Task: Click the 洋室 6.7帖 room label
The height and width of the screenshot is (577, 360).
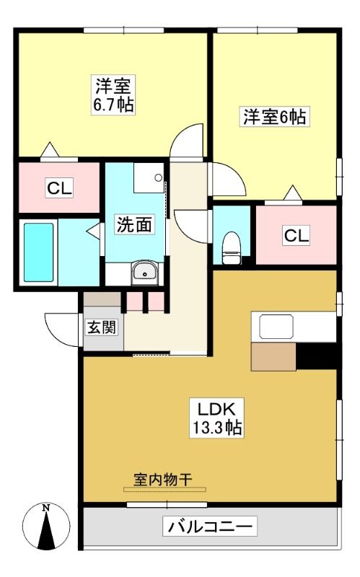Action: (114, 94)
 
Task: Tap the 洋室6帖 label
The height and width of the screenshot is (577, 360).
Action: (274, 117)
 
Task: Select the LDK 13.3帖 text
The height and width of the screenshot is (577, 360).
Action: (217, 418)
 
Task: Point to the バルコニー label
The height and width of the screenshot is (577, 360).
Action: (210, 527)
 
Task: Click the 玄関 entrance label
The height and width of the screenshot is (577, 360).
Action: (102, 327)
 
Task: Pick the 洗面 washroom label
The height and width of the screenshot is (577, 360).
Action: (134, 224)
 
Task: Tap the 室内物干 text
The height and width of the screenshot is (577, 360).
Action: (162, 480)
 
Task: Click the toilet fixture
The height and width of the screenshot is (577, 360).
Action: (232, 247)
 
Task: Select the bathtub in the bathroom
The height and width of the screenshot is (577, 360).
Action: (39, 252)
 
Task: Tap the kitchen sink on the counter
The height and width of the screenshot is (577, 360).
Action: (276, 327)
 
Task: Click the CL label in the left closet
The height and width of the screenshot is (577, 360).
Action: (60, 188)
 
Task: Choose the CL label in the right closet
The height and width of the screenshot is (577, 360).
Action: (297, 235)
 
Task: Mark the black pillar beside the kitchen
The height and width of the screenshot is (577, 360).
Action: (316, 356)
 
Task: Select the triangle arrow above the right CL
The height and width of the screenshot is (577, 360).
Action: (293, 193)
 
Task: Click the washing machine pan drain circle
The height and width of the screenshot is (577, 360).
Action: (158, 177)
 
